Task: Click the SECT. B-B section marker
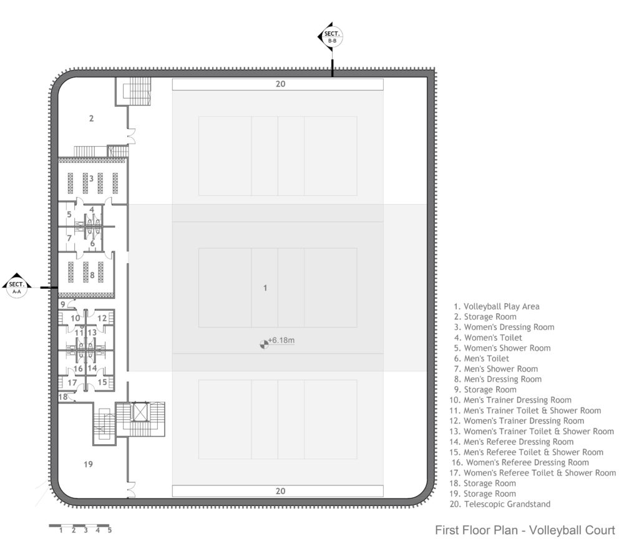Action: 331,36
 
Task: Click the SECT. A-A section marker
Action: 17,286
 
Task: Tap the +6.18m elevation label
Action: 281,340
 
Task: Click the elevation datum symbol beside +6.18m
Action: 264,344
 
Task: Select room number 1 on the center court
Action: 265,288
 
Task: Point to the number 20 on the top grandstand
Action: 280,84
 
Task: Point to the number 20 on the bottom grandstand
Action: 280,491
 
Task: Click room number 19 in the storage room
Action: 88,464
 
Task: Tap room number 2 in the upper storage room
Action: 91,119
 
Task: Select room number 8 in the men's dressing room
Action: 92,275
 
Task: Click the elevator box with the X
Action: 139,411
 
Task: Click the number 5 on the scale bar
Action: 110,530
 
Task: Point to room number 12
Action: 102,318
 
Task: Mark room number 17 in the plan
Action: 72,382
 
